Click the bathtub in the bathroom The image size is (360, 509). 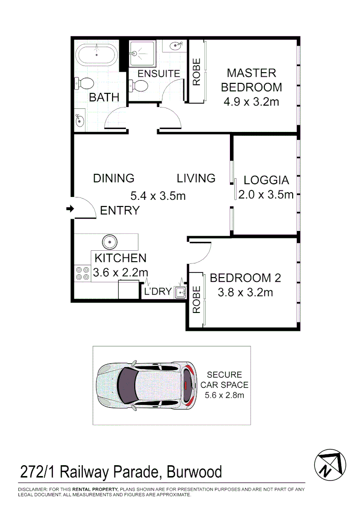pyautogui.click(x=97, y=55)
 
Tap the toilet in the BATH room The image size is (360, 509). pyautogui.click(x=85, y=83)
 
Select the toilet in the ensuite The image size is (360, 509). pyautogui.click(x=139, y=86)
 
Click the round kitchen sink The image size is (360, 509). pyautogui.click(x=110, y=242)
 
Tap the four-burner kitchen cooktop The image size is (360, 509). pyautogui.click(x=82, y=273)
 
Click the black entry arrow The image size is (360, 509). pyautogui.click(x=70, y=209)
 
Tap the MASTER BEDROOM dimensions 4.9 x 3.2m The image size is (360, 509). pyautogui.click(x=251, y=101)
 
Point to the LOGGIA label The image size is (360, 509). pyautogui.click(x=266, y=180)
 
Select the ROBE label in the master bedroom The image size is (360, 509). pyautogui.click(x=196, y=72)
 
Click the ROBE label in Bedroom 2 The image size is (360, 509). pyautogui.click(x=196, y=300)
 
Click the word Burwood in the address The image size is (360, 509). pyautogui.click(x=193, y=471)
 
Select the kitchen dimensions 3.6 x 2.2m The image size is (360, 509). pyautogui.click(x=121, y=272)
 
